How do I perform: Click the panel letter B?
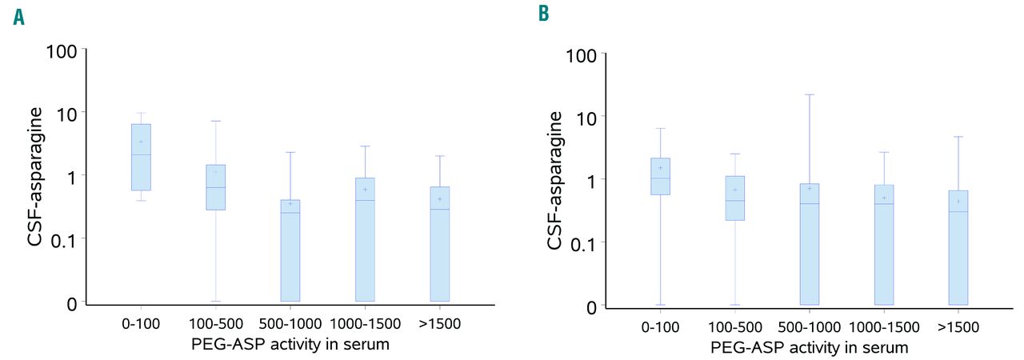[x=543, y=14]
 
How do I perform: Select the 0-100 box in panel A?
[x=141, y=157]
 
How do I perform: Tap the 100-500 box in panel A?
[x=215, y=187]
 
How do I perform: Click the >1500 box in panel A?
[x=439, y=243]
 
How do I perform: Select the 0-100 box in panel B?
[x=660, y=176]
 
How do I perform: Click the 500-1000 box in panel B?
[x=809, y=244]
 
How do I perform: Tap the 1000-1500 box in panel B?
[x=883, y=245]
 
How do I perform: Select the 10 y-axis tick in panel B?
[x=586, y=116]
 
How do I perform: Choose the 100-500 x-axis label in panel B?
[x=734, y=328]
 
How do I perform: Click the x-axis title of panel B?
[x=809, y=347]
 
